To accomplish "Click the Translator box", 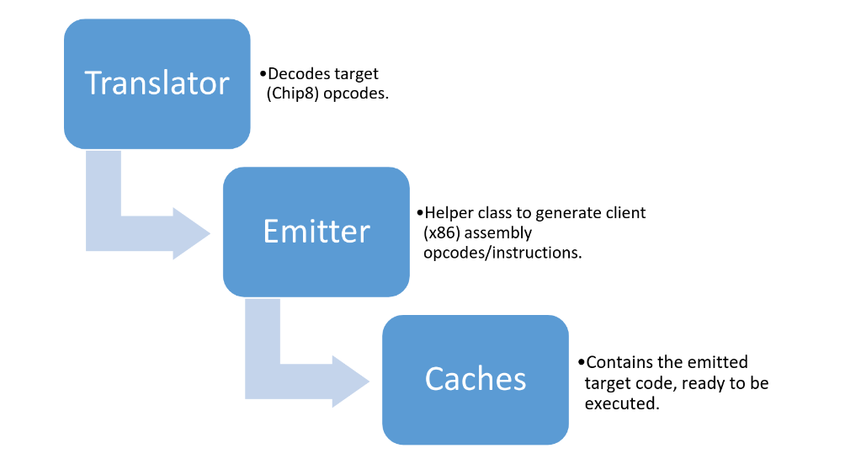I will pyautogui.click(x=157, y=83).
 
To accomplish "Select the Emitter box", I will pyautogui.click(x=316, y=232).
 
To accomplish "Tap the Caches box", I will pyautogui.click(x=476, y=379).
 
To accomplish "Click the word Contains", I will pyautogui.click(x=619, y=363).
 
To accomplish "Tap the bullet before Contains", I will pyautogui.click(x=581, y=363).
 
